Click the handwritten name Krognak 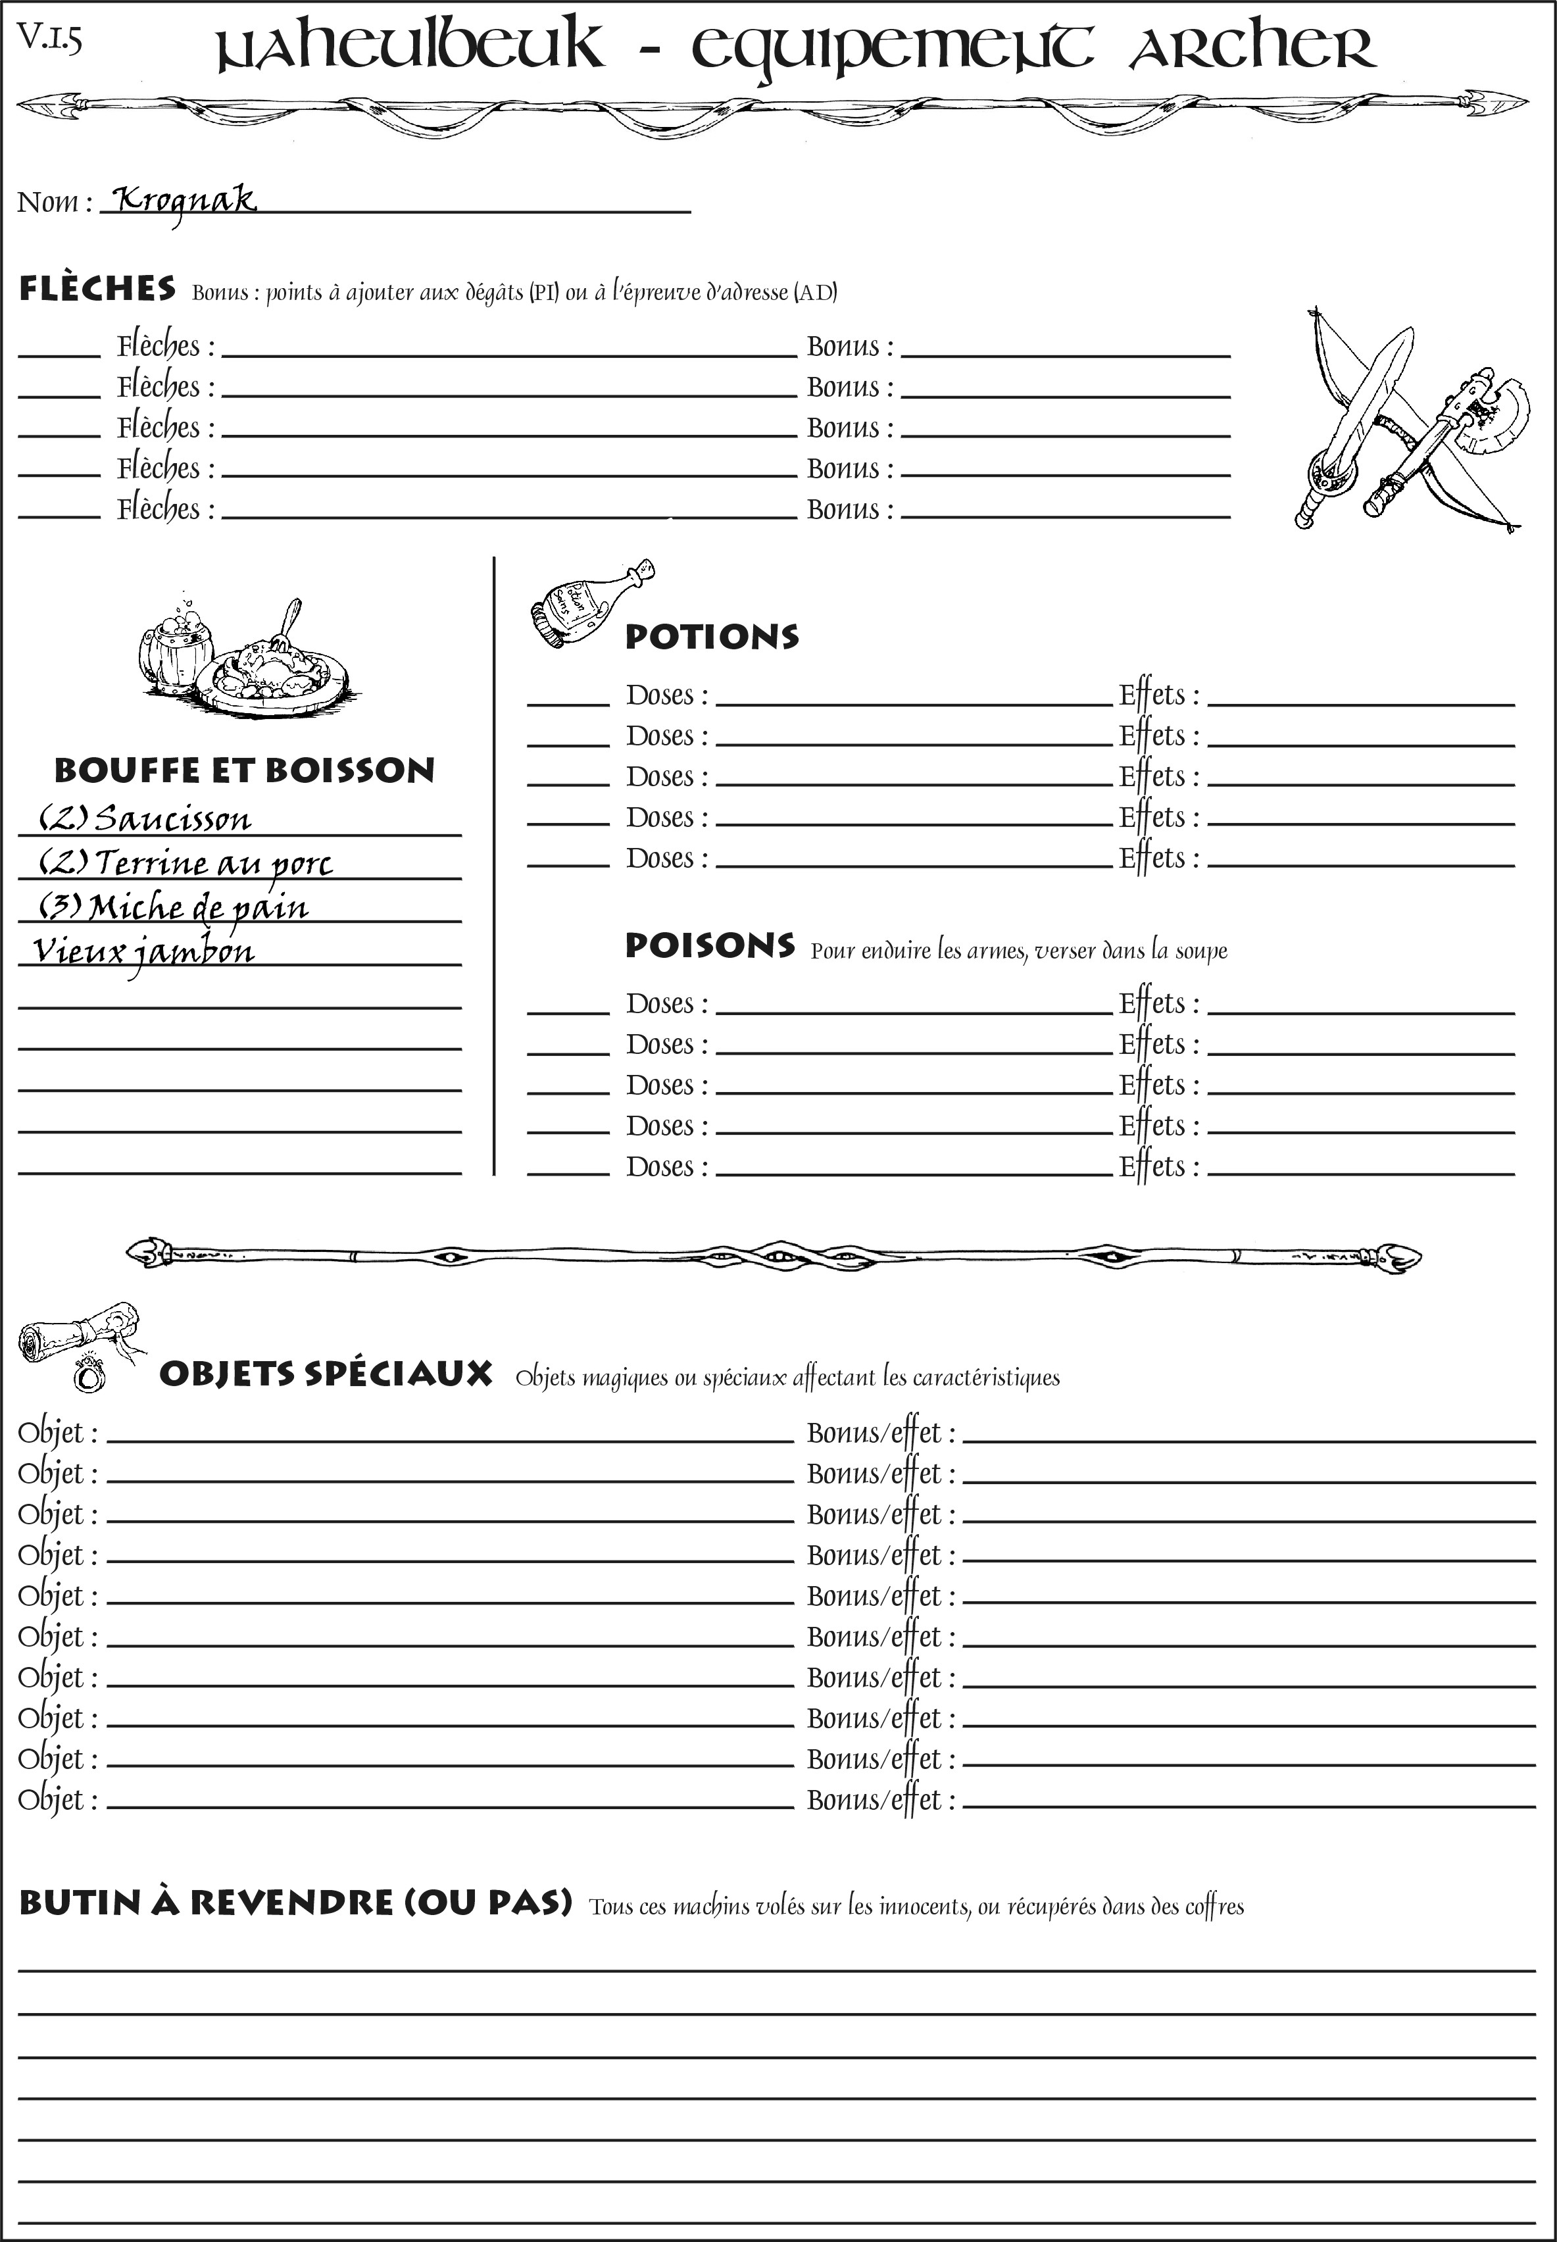pos(184,201)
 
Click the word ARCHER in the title pos(1252,49)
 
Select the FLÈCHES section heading pos(97,289)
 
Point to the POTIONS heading pos(711,637)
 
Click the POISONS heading pos(709,945)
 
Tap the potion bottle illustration pos(589,605)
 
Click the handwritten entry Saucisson pos(173,818)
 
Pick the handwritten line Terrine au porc pos(212,863)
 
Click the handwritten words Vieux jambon pos(143,951)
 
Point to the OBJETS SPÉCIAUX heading pos(325,1374)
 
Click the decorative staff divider pos(774,1257)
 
